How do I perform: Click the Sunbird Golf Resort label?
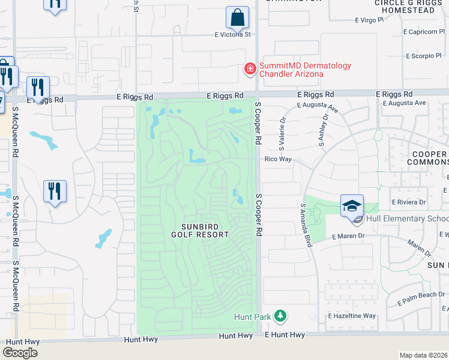click(205, 230)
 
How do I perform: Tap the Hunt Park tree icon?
click(279, 316)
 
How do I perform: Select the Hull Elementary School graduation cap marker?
click(351, 206)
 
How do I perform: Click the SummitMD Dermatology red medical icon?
click(249, 70)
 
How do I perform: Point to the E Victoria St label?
click(233, 35)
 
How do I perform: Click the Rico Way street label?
click(279, 160)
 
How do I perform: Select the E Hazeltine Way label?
click(352, 316)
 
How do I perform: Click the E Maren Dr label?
click(348, 236)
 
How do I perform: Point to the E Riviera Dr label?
click(408, 203)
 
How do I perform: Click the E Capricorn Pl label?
click(423, 32)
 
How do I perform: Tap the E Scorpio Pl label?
click(423, 56)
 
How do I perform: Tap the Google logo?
click(20, 352)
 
